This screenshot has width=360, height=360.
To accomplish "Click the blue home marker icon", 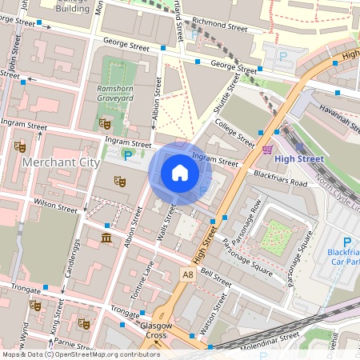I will [180, 173].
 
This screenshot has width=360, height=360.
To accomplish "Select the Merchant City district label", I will [61, 162].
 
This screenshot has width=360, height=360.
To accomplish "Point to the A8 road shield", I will [187, 274].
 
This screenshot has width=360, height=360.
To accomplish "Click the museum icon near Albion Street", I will [106, 240].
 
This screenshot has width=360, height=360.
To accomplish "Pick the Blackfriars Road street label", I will [281, 178].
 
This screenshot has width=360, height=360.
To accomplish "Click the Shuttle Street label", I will [226, 94].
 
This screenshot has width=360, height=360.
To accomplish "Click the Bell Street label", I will [215, 278].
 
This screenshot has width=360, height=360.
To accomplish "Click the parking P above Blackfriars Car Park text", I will [346, 243].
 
